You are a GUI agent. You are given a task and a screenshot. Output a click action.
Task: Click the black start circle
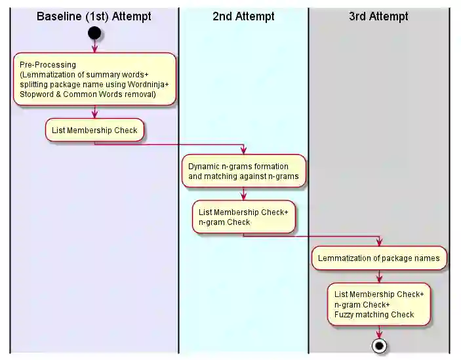[x=94, y=32]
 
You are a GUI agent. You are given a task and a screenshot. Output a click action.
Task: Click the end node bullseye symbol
[x=378, y=344]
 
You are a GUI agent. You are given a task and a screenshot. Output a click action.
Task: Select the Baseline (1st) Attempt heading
[x=94, y=16]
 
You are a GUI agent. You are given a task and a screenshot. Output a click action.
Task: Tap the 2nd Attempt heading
[x=243, y=16]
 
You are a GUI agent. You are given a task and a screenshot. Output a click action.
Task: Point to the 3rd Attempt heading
[x=378, y=16]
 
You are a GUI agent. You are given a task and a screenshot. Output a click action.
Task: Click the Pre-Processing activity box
[x=94, y=79]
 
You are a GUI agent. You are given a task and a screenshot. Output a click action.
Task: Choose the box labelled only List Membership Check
[x=94, y=130]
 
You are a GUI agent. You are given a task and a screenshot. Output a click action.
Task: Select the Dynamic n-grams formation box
[x=243, y=171]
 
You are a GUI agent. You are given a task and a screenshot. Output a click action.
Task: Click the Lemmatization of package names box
[x=378, y=258]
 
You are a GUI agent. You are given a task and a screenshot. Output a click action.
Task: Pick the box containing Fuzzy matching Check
[x=378, y=304]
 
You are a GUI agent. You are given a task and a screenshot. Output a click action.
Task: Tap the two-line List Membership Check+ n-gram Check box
[x=243, y=216]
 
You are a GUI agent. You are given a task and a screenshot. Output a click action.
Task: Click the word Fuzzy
[x=346, y=315]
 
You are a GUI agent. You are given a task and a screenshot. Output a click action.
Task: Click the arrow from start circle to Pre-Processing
[x=94, y=46]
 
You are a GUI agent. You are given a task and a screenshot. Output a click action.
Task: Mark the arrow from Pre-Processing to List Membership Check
[x=94, y=112]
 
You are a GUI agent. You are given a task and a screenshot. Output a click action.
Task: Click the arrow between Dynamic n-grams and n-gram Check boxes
[x=243, y=194]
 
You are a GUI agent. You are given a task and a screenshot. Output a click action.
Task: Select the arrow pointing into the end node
[x=378, y=332]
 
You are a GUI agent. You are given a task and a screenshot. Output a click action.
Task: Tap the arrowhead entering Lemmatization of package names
[x=378, y=243]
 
